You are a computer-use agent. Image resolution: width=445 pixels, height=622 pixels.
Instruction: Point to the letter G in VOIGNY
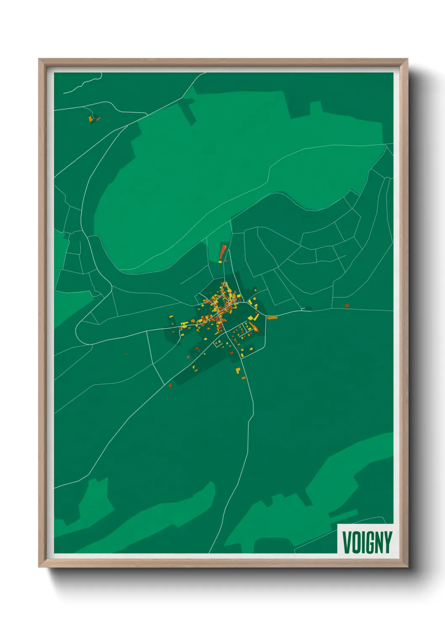(369, 542)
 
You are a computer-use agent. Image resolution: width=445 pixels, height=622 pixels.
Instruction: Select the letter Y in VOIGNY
(387, 542)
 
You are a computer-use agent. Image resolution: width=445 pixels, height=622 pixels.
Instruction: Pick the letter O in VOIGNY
(356, 542)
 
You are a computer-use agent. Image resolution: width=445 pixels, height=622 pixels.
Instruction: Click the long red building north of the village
(222, 252)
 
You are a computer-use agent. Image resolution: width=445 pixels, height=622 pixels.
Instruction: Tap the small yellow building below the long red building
(220, 262)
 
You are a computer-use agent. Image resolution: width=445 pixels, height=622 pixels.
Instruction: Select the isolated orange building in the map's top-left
(91, 119)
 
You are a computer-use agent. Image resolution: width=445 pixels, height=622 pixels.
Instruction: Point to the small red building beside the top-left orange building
(98, 119)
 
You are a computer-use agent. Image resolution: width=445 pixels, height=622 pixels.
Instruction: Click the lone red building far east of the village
(347, 306)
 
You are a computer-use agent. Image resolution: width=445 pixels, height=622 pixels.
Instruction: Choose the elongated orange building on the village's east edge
(272, 318)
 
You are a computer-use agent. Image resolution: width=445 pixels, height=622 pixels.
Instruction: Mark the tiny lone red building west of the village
(126, 354)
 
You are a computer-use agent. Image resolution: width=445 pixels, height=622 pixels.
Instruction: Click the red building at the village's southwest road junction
(170, 385)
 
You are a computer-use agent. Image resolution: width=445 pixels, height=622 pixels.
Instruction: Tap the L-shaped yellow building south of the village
(238, 371)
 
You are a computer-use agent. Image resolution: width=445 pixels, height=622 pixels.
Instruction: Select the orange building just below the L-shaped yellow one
(243, 378)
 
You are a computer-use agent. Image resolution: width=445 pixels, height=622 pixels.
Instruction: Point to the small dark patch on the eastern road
(308, 308)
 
